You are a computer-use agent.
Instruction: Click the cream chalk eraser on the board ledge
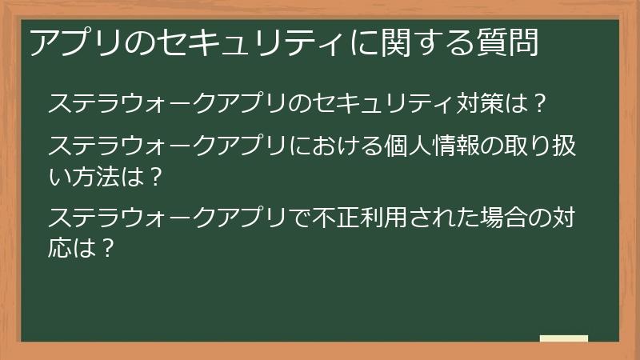564,339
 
